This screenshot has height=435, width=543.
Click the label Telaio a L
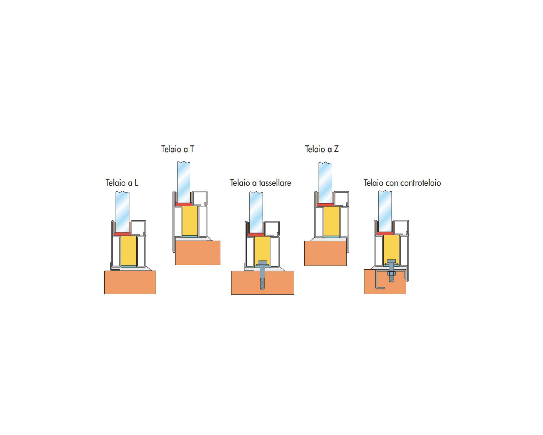pyautogui.click(x=122, y=183)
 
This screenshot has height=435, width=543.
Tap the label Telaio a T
pyautogui.click(x=178, y=149)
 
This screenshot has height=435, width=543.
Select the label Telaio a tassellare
pyautogui.click(x=260, y=183)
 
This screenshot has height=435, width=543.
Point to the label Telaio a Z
pyautogui.click(x=322, y=149)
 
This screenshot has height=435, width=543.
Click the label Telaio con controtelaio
pyautogui.click(x=402, y=183)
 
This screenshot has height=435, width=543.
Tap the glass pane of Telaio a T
pyautogui.click(x=184, y=182)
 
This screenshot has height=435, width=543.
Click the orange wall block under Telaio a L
pyautogui.click(x=130, y=282)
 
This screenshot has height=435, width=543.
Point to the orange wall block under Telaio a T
pyautogui.click(x=198, y=253)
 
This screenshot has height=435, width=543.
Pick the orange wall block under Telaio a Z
pyautogui.click(x=326, y=253)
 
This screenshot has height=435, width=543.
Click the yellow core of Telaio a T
pyautogui.click(x=190, y=221)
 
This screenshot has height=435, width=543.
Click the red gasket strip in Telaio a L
pyautogui.click(x=122, y=234)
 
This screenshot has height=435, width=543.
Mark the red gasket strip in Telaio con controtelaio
pyautogui.click(x=385, y=233)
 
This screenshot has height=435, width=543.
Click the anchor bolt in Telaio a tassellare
pyautogui.click(x=262, y=275)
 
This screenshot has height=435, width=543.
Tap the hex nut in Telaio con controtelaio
pyautogui.click(x=391, y=273)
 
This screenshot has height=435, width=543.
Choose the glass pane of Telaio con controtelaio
pyautogui.click(x=385, y=211)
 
